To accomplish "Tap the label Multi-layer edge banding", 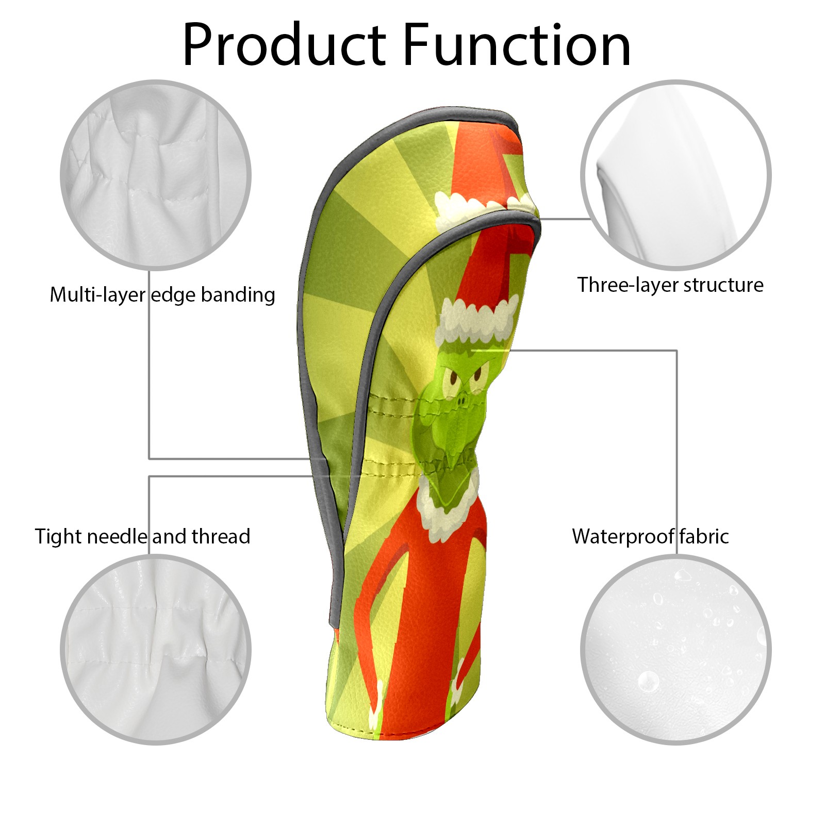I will pyautogui.click(x=162, y=295).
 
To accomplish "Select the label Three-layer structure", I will pyautogui.click(x=670, y=285).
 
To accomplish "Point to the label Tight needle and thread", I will pyautogui.click(x=142, y=536).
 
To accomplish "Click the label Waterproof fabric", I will pyautogui.click(x=650, y=536).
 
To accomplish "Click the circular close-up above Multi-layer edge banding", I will pyautogui.click(x=156, y=175).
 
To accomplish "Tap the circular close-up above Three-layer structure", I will pyautogui.click(x=675, y=175).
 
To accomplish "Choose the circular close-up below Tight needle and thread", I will pyautogui.click(x=156, y=650).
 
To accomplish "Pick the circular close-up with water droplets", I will pyautogui.click(x=675, y=650).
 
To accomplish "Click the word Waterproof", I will pyautogui.click(x=623, y=536).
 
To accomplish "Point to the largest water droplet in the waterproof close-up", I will pyautogui.click(x=648, y=681).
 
